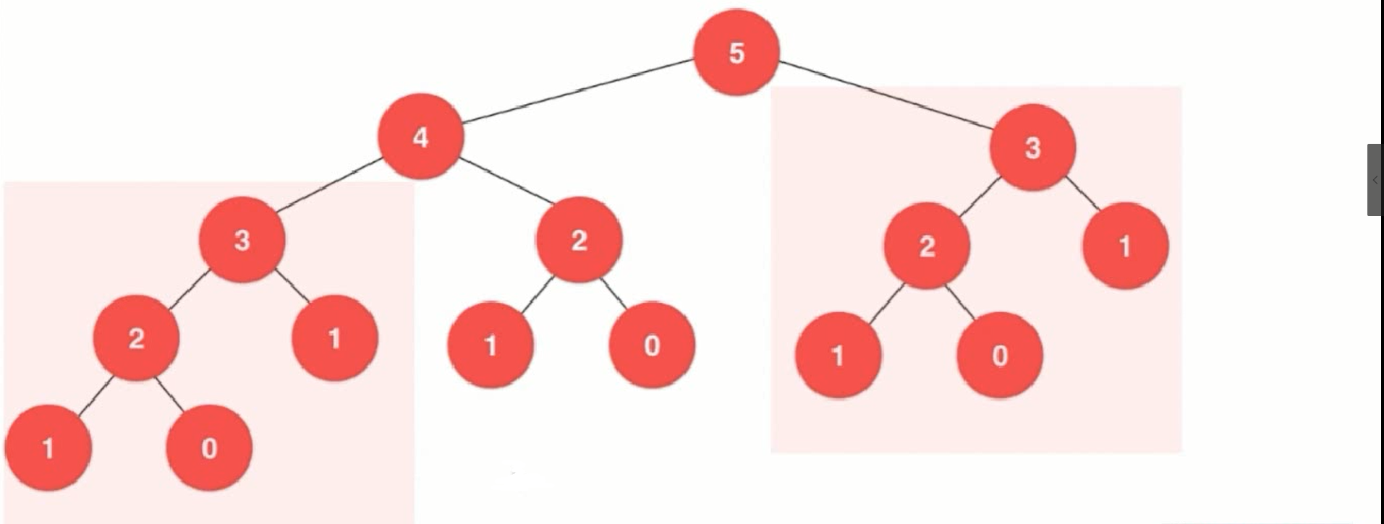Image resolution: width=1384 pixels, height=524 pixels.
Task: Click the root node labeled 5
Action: [x=736, y=52]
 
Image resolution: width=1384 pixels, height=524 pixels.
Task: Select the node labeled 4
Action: [x=420, y=137]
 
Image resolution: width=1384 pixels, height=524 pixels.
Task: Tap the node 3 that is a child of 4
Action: [x=242, y=239]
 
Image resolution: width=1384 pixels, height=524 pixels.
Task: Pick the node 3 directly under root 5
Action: [x=1032, y=147]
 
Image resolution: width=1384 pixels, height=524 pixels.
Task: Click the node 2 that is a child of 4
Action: [x=579, y=239]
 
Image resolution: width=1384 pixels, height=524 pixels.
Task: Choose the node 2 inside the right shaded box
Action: [x=927, y=246]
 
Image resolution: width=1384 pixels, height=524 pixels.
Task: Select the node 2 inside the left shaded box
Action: [x=136, y=338]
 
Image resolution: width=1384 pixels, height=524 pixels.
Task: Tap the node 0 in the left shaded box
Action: [x=209, y=447]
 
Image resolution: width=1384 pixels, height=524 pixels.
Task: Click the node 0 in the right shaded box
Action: [x=999, y=355]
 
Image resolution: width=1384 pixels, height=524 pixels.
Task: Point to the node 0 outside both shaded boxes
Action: [x=652, y=345]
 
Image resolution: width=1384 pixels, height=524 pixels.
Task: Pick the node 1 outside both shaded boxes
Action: [x=491, y=345]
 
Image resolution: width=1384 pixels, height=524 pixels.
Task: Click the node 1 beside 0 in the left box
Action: [x=48, y=447]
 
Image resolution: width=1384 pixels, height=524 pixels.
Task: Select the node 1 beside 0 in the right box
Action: [x=838, y=355]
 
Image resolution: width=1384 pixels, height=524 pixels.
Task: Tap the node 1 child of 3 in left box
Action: [x=334, y=338]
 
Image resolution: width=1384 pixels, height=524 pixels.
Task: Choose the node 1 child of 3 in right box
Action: [x=1124, y=246]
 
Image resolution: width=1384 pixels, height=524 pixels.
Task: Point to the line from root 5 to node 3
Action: [x=886, y=95]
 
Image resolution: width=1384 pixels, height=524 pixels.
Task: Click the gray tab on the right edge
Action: [x=1374, y=179]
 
